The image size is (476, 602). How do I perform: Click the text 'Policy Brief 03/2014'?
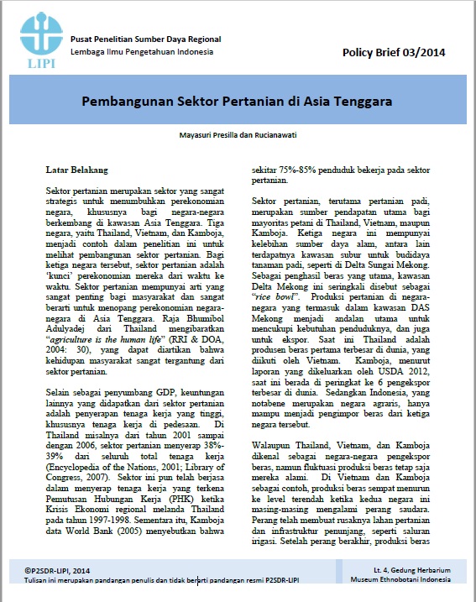394,53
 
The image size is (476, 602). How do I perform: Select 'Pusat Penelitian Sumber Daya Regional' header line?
146,39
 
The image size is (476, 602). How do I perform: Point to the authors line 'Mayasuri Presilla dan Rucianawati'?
239,133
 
